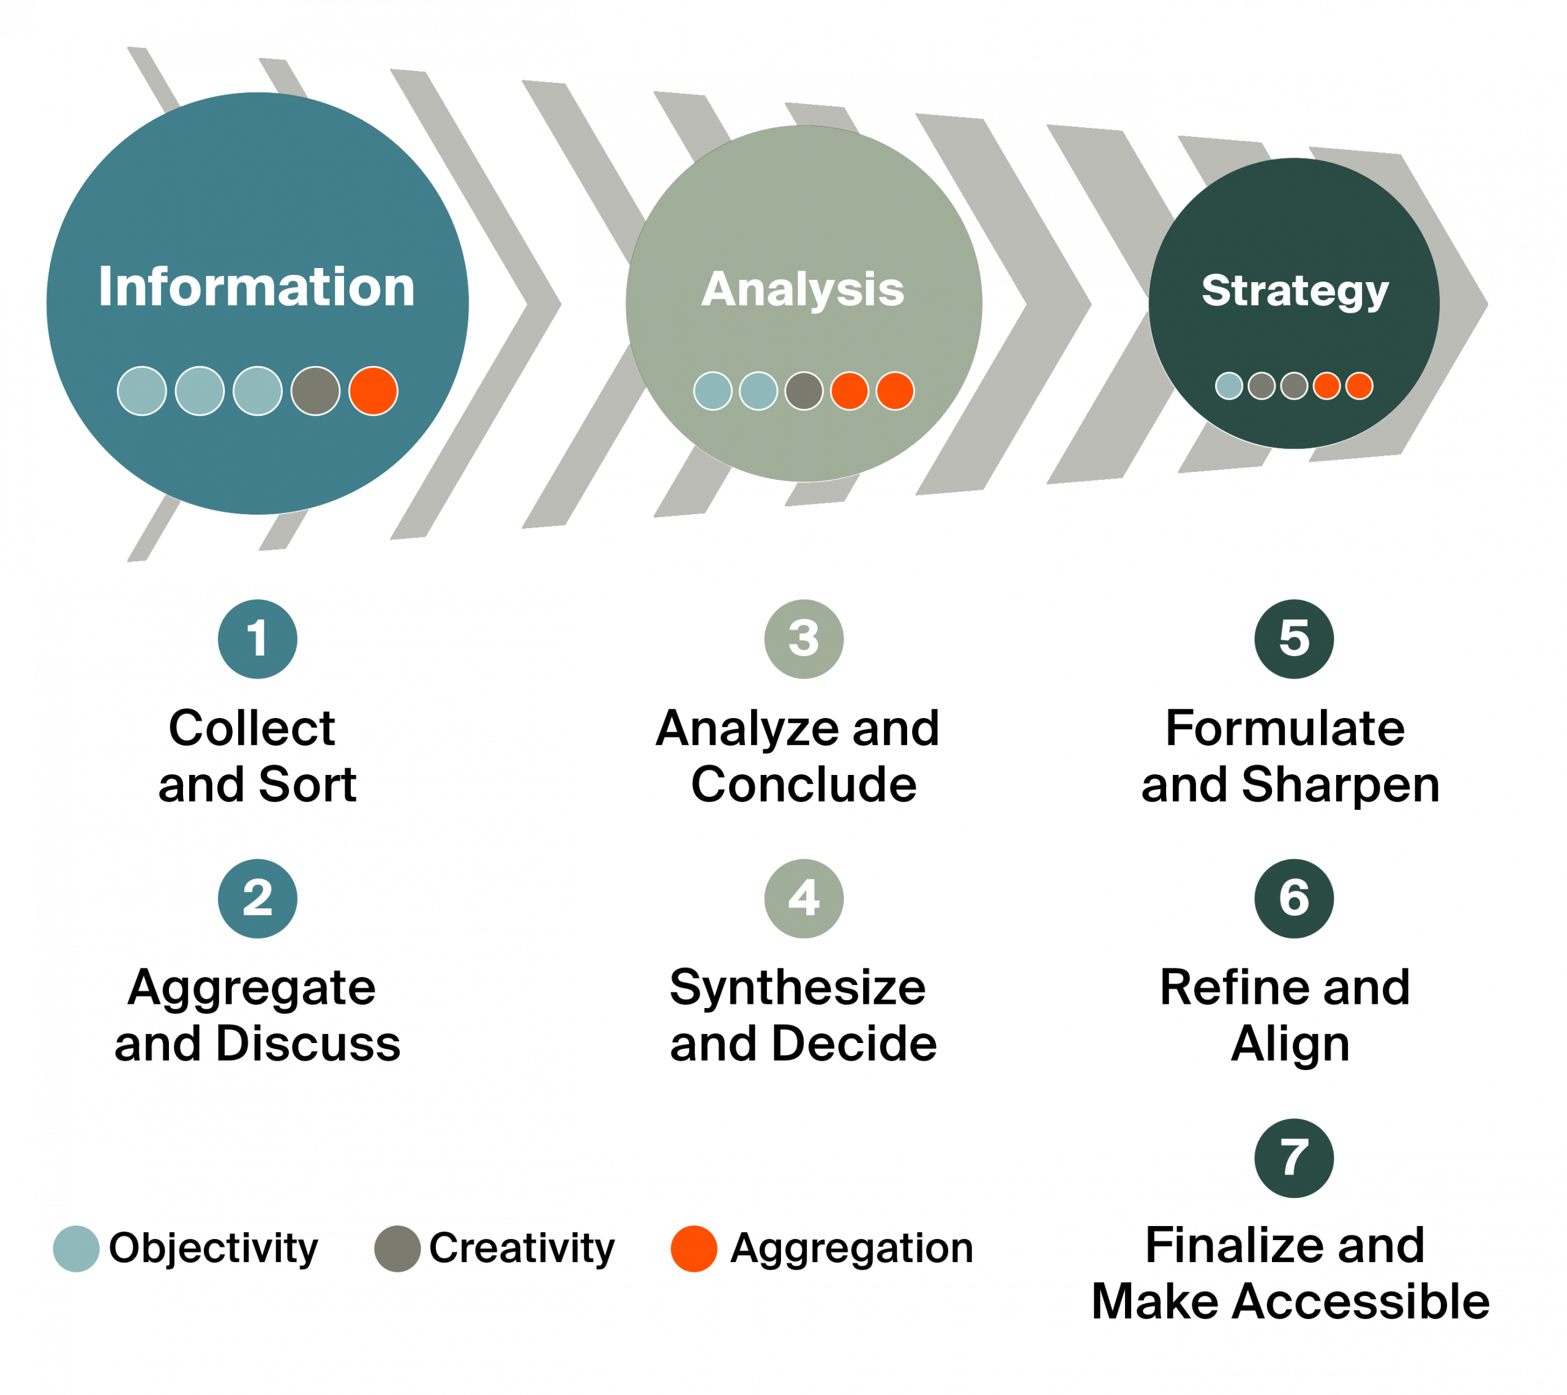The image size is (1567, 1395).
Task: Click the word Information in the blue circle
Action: click(x=257, y=286)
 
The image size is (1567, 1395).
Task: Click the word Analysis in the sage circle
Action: click(x=802, y=289)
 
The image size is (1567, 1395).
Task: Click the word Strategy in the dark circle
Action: click(x=1294, y=291)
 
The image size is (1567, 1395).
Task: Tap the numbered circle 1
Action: click(x=258, y=638)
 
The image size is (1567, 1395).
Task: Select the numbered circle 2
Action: click(x=258, y=899)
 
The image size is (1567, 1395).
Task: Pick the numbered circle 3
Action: click(x=804, y=638)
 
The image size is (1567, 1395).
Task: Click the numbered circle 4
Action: click(x=804, y=899)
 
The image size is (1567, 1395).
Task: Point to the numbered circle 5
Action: click(x=1294, y=638)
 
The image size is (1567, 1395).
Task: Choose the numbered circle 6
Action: click(x=1294, y=899)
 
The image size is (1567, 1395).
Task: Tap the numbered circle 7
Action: click(x=1294, y=1158)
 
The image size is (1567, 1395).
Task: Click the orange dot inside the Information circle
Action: click(x=373, y=391)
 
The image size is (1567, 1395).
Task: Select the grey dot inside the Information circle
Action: click(x=315, y=391)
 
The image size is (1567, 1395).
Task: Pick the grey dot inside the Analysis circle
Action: click(x=804, y=391)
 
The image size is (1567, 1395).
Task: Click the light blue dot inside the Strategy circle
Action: click(x=1229, y=386)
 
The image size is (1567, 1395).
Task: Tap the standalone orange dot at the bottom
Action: click(x=694, y=1249)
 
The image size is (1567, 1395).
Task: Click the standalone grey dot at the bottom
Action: click(x=397, y=1249)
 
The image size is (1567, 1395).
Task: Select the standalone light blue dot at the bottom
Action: click(x=76, y=1249)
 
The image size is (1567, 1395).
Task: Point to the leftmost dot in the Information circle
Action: click(x=142, y=391)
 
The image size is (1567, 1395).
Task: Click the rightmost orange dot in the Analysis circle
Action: click(x=896, y=391)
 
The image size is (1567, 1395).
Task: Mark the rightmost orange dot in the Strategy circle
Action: click(x=1359, y=386)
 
